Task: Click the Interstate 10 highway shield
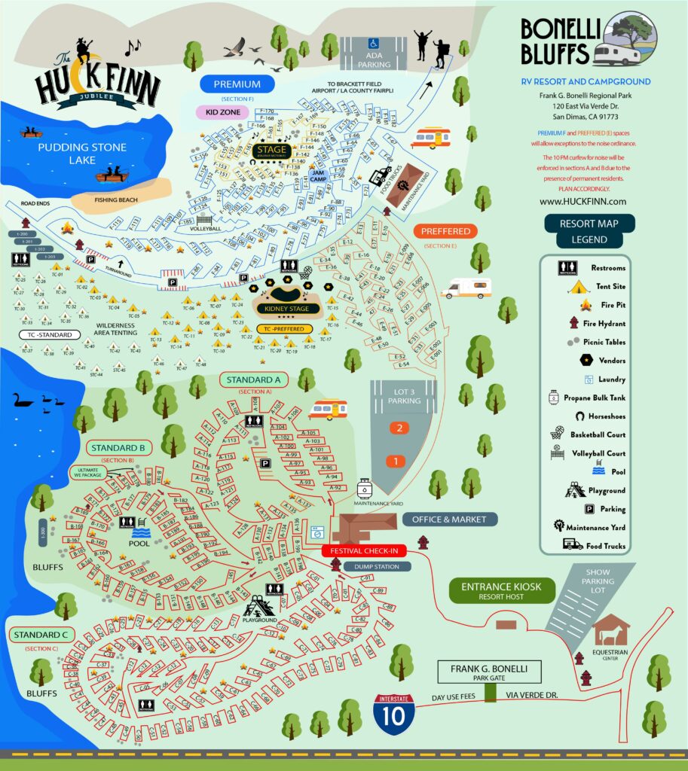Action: [x=393, y=714]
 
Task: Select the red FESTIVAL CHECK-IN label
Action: [x=364, y=550]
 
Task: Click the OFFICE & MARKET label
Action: [x=449, y=519]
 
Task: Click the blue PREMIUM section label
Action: [x=237, y=84]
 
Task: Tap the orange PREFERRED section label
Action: [x=445, y=231]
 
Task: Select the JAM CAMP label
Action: [x=316, y=174]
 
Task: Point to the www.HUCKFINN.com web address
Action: [x=583, y=202]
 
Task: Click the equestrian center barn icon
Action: [x=611, y=629]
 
